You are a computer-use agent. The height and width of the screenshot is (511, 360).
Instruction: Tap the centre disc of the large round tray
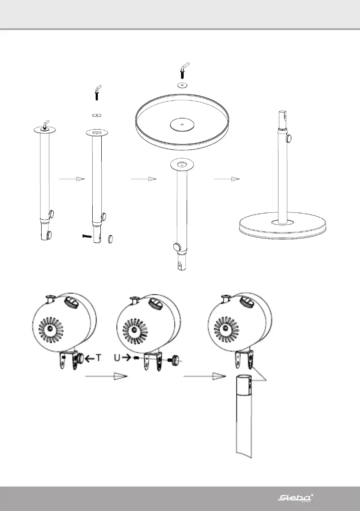coord(182,124)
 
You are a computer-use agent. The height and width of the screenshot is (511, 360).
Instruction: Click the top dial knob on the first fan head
coord(70,304)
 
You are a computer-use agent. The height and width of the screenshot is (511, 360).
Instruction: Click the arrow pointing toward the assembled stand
coord(226,178)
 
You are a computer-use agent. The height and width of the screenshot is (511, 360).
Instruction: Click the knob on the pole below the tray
coord(176,247)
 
